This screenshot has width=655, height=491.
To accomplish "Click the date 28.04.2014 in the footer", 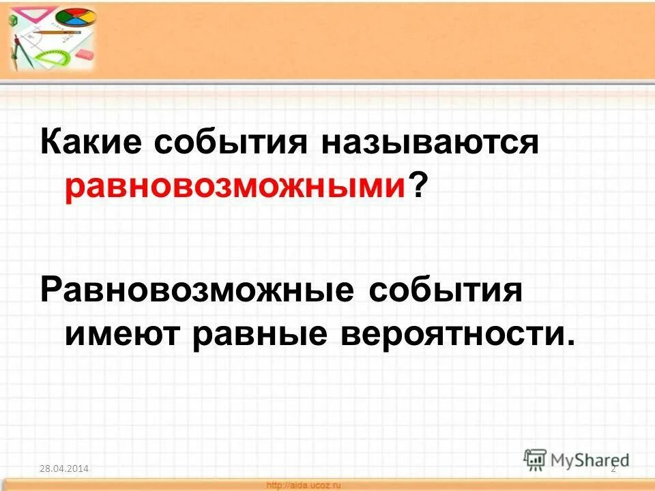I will (x=63, y=468).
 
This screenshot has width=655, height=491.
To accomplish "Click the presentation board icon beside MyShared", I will (x=536, y=459).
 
